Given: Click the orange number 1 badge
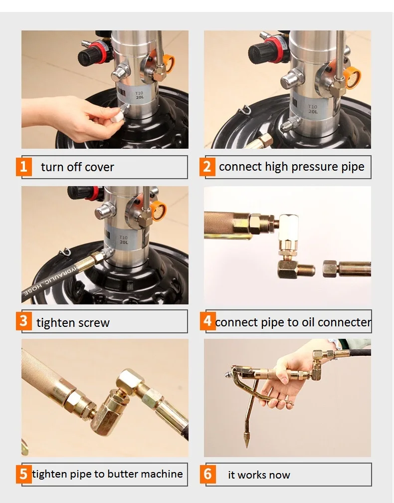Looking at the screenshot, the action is [x=24, y=166].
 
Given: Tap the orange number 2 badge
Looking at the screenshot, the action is [x=207, y=166].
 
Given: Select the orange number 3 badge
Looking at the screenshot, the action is [x=24, y=321].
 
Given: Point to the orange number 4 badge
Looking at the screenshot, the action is [x=207, y=321].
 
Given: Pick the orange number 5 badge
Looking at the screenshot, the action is [x=24, y=474].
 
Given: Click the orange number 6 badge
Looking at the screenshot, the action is [x=207, y=474].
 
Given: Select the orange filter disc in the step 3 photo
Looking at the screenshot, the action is [x=158, y=211].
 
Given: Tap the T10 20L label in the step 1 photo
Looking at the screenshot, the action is [x=139, y=95].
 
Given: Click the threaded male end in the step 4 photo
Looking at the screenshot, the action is [x=306, y=270].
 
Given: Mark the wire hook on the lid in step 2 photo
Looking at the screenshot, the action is [x=244, y=110].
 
